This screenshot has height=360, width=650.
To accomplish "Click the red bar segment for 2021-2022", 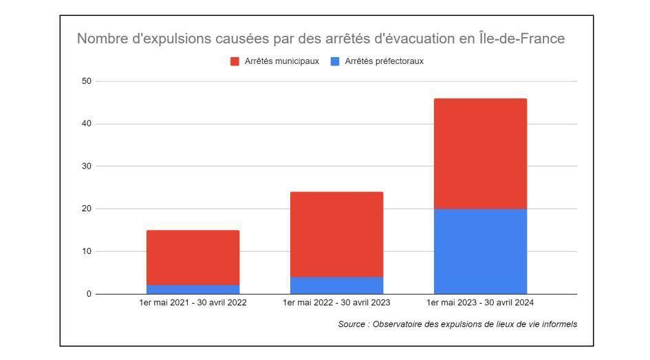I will pos(193,257).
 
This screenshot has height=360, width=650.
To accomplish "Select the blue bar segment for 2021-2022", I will pos(193,289).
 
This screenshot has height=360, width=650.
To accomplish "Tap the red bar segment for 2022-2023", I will pos(336,234).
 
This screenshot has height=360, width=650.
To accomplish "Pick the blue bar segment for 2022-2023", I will pos(336,285).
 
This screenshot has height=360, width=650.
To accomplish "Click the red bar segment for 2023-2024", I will pos(480,153).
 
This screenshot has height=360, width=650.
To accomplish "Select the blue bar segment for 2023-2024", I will pos(480,251).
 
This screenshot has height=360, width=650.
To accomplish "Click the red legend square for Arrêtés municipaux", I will pos(235,61).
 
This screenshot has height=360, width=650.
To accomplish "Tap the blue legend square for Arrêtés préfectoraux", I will pos(335,61).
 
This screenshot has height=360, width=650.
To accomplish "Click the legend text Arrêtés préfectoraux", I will pos(384,61).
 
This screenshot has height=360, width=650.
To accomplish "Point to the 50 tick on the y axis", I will pos(86,81).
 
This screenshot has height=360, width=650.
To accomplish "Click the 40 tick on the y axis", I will pos(86,124).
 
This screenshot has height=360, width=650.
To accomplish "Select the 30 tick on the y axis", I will pos(86,167).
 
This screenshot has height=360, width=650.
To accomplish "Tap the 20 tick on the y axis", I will pos(86,209).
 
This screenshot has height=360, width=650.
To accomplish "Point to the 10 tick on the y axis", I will pos(86,251).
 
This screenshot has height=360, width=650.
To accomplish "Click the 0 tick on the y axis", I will pos(89,294).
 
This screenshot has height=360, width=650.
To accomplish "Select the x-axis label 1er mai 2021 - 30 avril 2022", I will pos(193,303).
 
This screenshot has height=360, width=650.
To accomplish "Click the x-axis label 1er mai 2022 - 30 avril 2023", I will pos(336,303).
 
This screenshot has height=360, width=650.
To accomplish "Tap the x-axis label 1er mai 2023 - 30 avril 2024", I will pos(480,303).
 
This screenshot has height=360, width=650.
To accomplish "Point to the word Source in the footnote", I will pos(351,324).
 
